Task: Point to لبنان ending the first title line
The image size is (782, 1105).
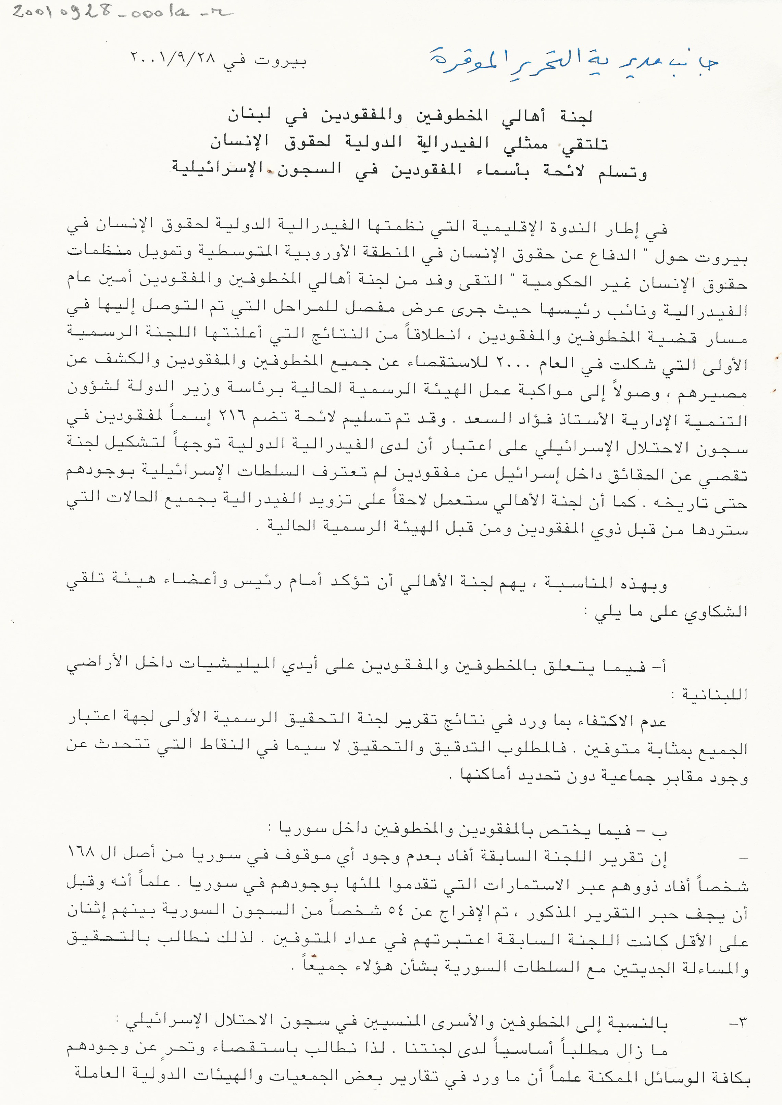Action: coord(249,115)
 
